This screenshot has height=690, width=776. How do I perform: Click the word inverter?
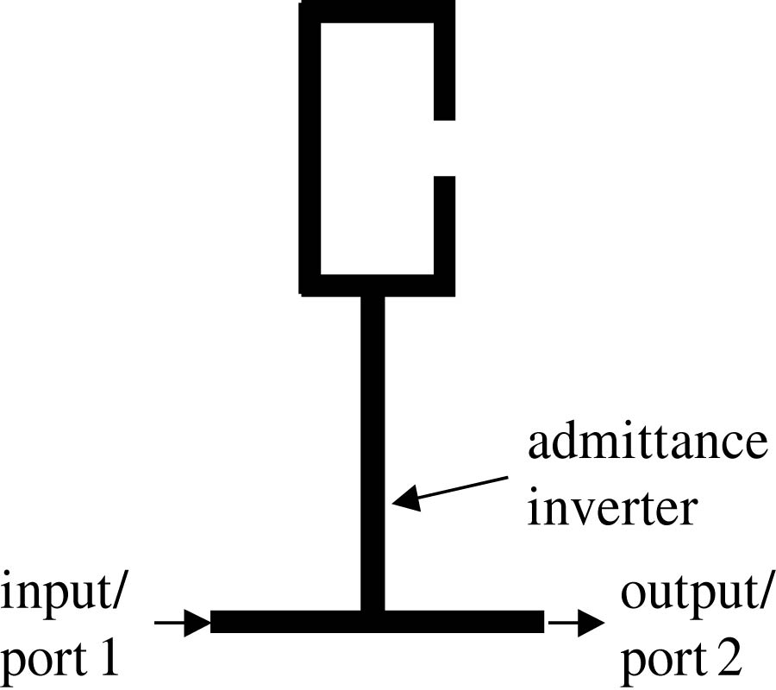(x=611, y=508)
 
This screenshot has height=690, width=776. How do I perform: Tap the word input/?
(x=66, y=595)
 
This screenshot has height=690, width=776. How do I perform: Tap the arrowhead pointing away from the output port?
(x=590, y=622)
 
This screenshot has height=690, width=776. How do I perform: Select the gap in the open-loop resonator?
(x=444, y=147)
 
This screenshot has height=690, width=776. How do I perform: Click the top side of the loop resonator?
(x=377, y=11)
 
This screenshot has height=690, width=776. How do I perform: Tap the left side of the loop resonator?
(x=310, y=147)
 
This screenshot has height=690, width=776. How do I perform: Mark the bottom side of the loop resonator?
(x=377, y=285)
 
